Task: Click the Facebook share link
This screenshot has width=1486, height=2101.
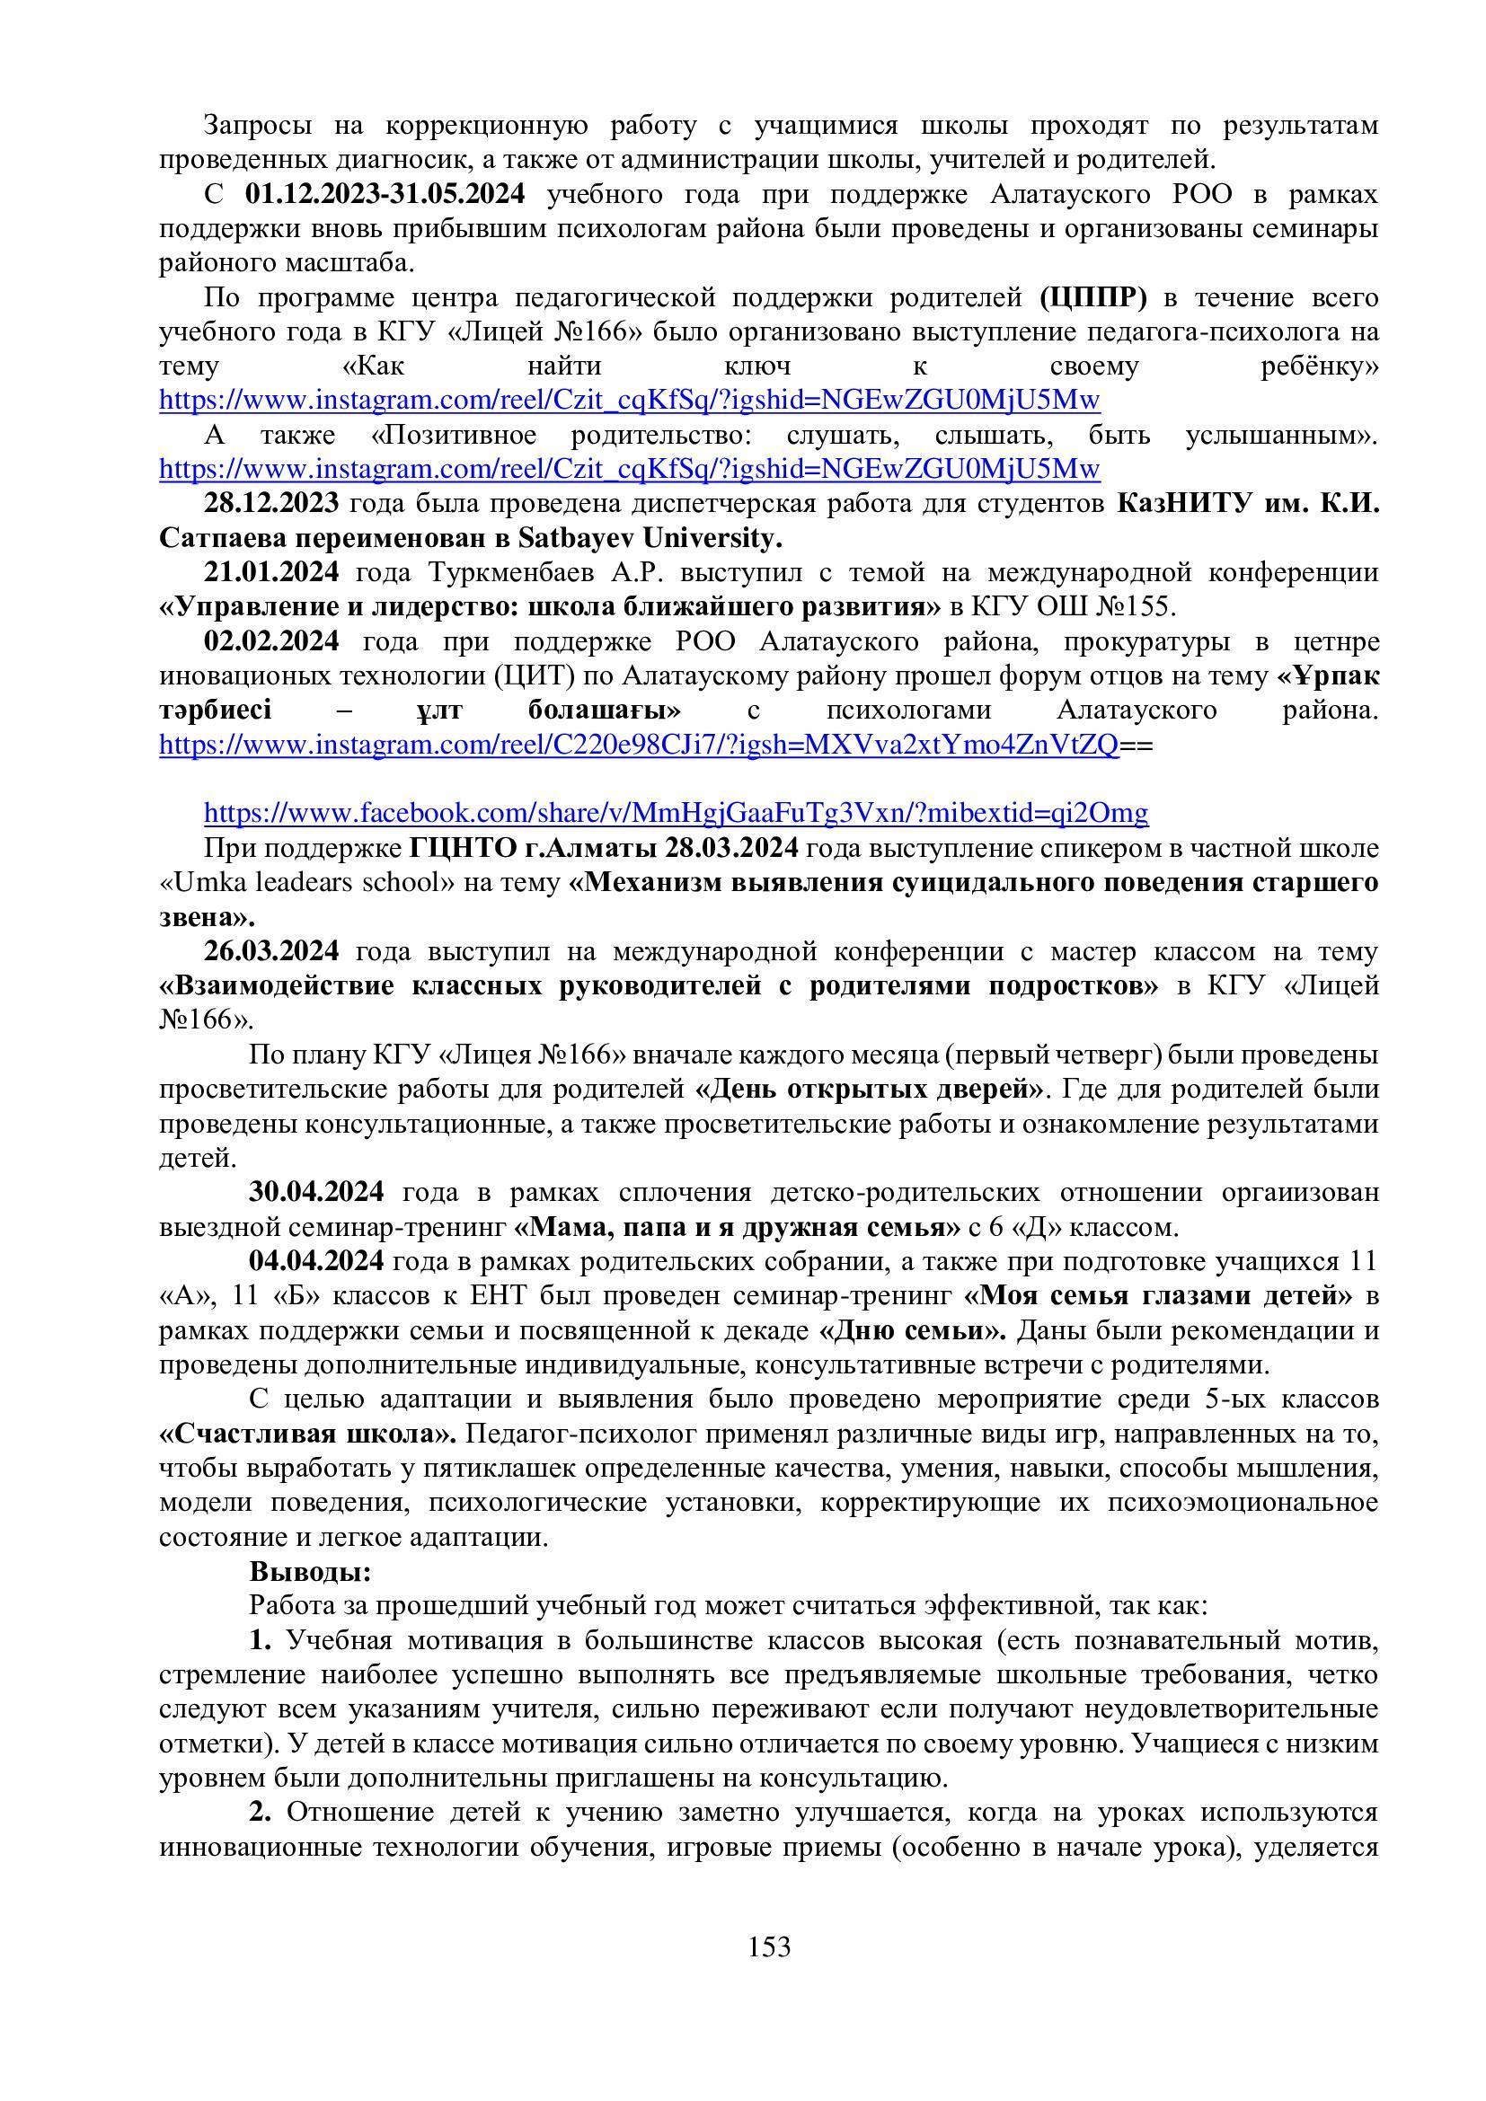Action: (676, 813)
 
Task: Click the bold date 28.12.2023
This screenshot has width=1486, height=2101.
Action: (270, 503)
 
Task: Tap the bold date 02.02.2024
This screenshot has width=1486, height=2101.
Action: (270, 641)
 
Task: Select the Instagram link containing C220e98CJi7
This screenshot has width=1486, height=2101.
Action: (639, 745)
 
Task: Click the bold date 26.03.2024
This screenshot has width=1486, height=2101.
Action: (270, 951)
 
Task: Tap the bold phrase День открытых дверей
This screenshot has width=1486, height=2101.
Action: (870, 1090)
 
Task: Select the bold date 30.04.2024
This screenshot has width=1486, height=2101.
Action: (315, 1193)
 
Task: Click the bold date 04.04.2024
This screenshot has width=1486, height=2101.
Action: (315, 1261)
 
